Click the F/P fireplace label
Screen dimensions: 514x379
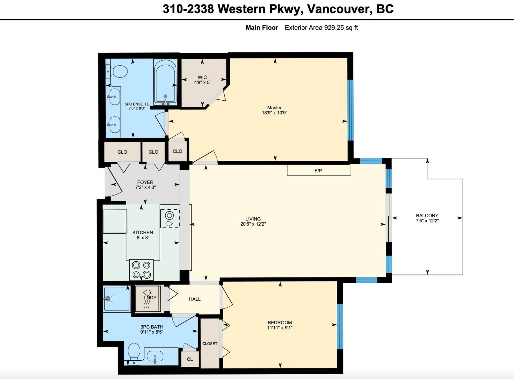click(x=318, y=171)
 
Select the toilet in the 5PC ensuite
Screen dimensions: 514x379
click(x=117, y=71)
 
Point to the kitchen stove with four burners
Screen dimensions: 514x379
click(x=141, y=270)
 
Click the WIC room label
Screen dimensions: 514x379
click(x=202, y=77)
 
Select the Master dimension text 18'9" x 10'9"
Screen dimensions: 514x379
click(x=275, y=113)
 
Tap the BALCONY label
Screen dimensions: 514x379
click(x=427, y=215)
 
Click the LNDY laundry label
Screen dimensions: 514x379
click(x=150, y=297)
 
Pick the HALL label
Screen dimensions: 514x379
click(x=195, y=299)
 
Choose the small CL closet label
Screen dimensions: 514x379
click(x=190, y=359)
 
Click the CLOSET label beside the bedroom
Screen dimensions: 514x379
click(x=210, y=343)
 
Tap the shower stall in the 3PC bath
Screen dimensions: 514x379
click(x=117, y=298)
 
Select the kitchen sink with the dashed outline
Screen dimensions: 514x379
click(x=170, y=218)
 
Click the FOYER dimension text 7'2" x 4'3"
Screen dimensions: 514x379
click(x=146, y=187)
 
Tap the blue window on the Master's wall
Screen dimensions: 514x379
click(x=350, y=110)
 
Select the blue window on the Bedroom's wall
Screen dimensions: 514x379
click(x=340, y=326)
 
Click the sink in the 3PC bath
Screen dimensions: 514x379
click(x=155, y=356)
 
